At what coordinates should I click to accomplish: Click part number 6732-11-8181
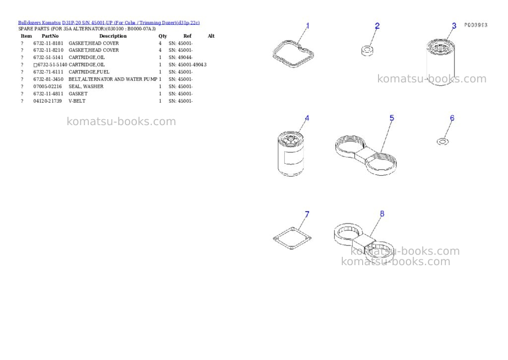[48, 43]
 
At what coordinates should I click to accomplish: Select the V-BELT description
[77, 101]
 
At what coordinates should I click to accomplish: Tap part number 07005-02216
[48, 86]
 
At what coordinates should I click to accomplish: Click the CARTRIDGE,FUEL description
[89, 72]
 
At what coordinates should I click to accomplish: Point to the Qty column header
[163, 36]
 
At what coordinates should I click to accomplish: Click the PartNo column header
[50, 36]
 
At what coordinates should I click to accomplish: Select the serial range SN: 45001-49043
[188, 65]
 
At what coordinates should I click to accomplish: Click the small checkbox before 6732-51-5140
[36, 65]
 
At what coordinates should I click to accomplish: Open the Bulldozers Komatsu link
[39, 23]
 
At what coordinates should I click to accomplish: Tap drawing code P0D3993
[476, 25]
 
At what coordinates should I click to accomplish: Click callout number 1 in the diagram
[308, 26]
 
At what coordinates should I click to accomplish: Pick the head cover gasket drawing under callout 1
[293, 54]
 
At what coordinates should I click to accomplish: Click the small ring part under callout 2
[367, 51]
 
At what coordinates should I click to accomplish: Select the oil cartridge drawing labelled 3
[441, 62]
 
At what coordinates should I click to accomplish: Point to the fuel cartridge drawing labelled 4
[291, 154]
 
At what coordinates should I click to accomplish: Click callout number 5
[392, 118]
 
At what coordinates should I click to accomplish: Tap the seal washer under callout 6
[443, 142]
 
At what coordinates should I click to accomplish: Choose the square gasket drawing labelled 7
[292, 239]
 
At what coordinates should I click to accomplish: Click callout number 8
[382, 214]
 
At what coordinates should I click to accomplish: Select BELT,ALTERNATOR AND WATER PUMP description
[113, 79]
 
